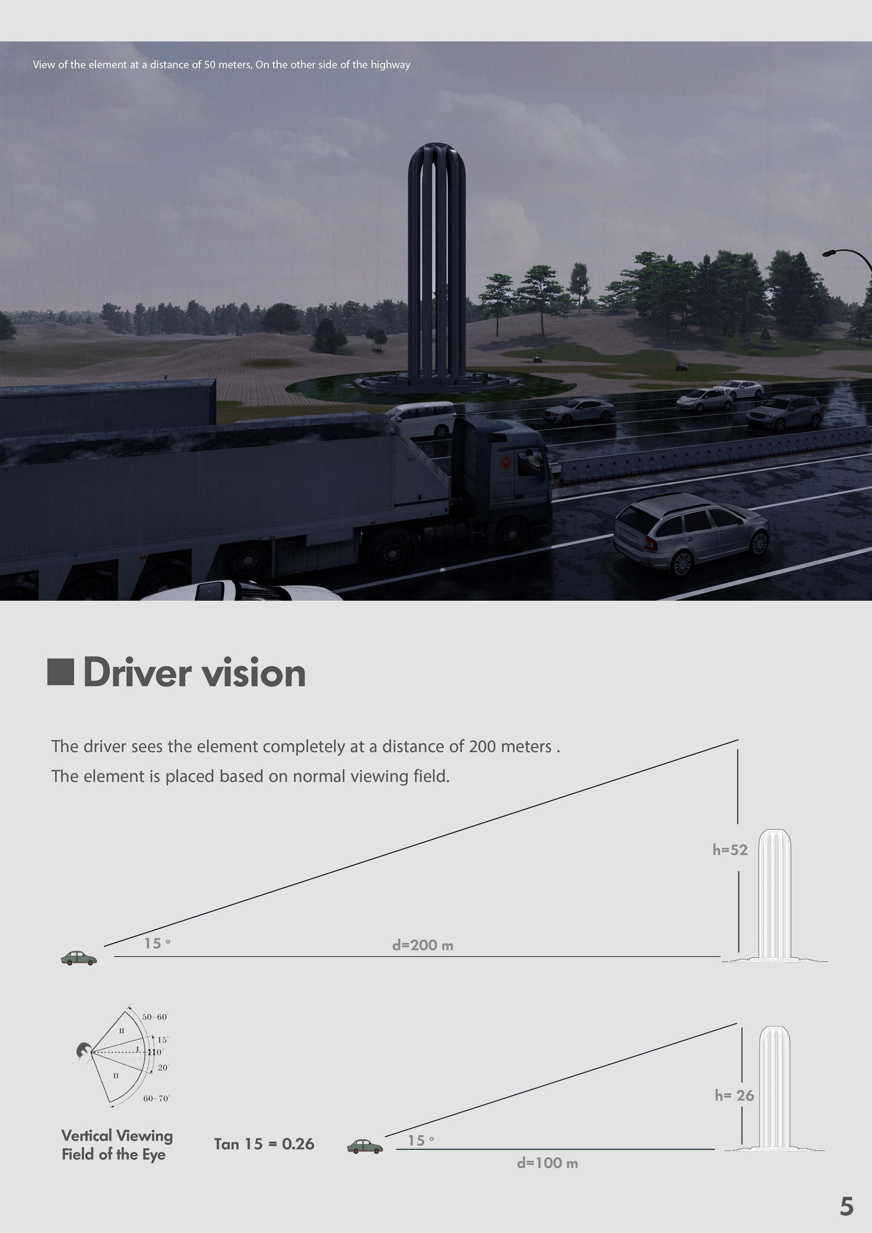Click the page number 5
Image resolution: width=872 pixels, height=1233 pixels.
point(846,1206)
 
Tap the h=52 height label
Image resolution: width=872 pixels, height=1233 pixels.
point(730,850)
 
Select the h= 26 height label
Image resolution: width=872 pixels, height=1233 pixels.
point(734,1095)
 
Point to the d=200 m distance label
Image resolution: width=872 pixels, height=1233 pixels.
point(422,945)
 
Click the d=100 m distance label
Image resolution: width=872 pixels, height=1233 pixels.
point(547,1163)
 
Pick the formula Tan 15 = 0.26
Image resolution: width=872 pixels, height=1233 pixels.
point(264,1144)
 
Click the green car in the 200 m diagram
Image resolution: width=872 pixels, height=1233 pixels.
point(79,957)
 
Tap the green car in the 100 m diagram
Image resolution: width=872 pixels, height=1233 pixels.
point(365,1147)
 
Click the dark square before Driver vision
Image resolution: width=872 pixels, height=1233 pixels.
point(60,672)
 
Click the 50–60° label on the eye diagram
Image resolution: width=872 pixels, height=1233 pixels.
point(155,1017)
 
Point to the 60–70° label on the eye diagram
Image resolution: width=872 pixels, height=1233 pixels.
point(156,1098)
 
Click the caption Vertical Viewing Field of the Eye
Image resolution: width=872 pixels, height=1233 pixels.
point(116,1144)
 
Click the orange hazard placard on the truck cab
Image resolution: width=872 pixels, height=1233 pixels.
point(505,461)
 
